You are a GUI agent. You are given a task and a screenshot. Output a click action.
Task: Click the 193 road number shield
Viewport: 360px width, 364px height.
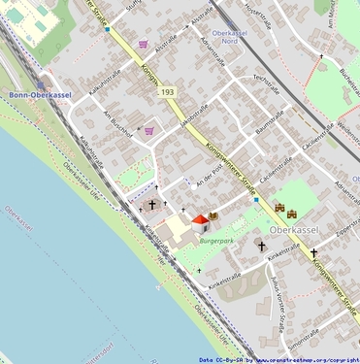click(169, 91)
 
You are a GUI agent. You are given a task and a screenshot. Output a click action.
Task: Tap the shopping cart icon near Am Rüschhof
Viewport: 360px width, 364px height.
click(149, 130)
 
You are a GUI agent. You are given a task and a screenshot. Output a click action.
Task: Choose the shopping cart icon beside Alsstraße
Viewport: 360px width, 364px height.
click(144, 44)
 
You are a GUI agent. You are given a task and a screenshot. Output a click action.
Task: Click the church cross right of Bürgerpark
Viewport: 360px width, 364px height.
click(260, 247)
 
